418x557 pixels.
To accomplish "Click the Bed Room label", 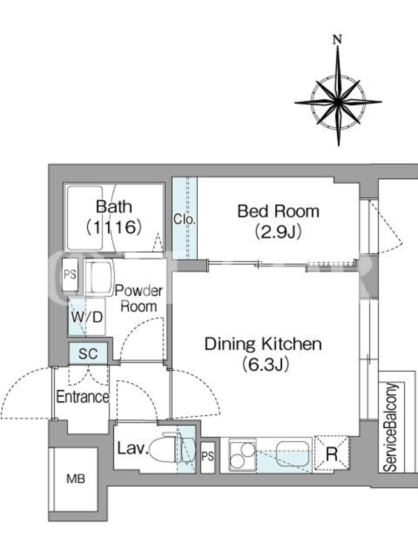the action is (x=278, y=212).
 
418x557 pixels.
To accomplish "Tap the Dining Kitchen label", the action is (x=263, y=344).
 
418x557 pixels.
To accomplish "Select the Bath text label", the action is (x=114, y=206).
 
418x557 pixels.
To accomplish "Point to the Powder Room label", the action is (x=139, y=299).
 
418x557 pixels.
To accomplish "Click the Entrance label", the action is (x=82, y=397).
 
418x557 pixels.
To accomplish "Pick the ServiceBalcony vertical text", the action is (x=390, y=427).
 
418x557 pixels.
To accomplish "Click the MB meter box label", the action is (x=76, y=479).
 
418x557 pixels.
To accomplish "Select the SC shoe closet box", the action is (x=88, y=354).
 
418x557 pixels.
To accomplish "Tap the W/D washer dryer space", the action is (x=86, y=317).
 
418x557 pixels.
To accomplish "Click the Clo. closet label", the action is (x=185, y=219).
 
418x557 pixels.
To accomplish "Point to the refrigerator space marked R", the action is (x=332, y=454).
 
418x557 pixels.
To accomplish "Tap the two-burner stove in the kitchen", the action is (x=242, y=456).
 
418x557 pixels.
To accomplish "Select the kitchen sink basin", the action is (x=293, y=454).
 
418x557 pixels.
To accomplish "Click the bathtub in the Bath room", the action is (x=85, y=218).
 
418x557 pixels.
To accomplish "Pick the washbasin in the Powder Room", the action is (x=100, y=277).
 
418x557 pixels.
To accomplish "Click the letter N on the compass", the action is (x=337, y=40).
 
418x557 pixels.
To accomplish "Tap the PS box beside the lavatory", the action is (x=208, y=457).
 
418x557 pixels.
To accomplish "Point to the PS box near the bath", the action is (x=70, y=274).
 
